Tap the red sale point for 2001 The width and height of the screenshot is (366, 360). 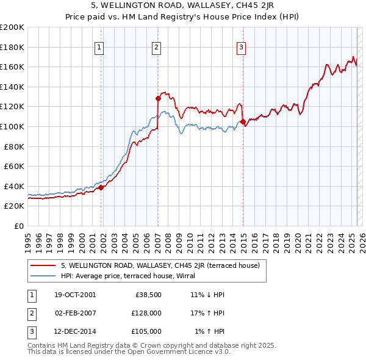point(101,187)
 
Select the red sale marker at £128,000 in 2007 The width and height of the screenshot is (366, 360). point(158,98)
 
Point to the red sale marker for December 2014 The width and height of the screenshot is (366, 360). point(243,121)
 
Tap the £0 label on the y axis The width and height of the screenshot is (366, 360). point(19,226)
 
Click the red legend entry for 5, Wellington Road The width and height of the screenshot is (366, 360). point(160,265)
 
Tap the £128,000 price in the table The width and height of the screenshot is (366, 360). point(146,313)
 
